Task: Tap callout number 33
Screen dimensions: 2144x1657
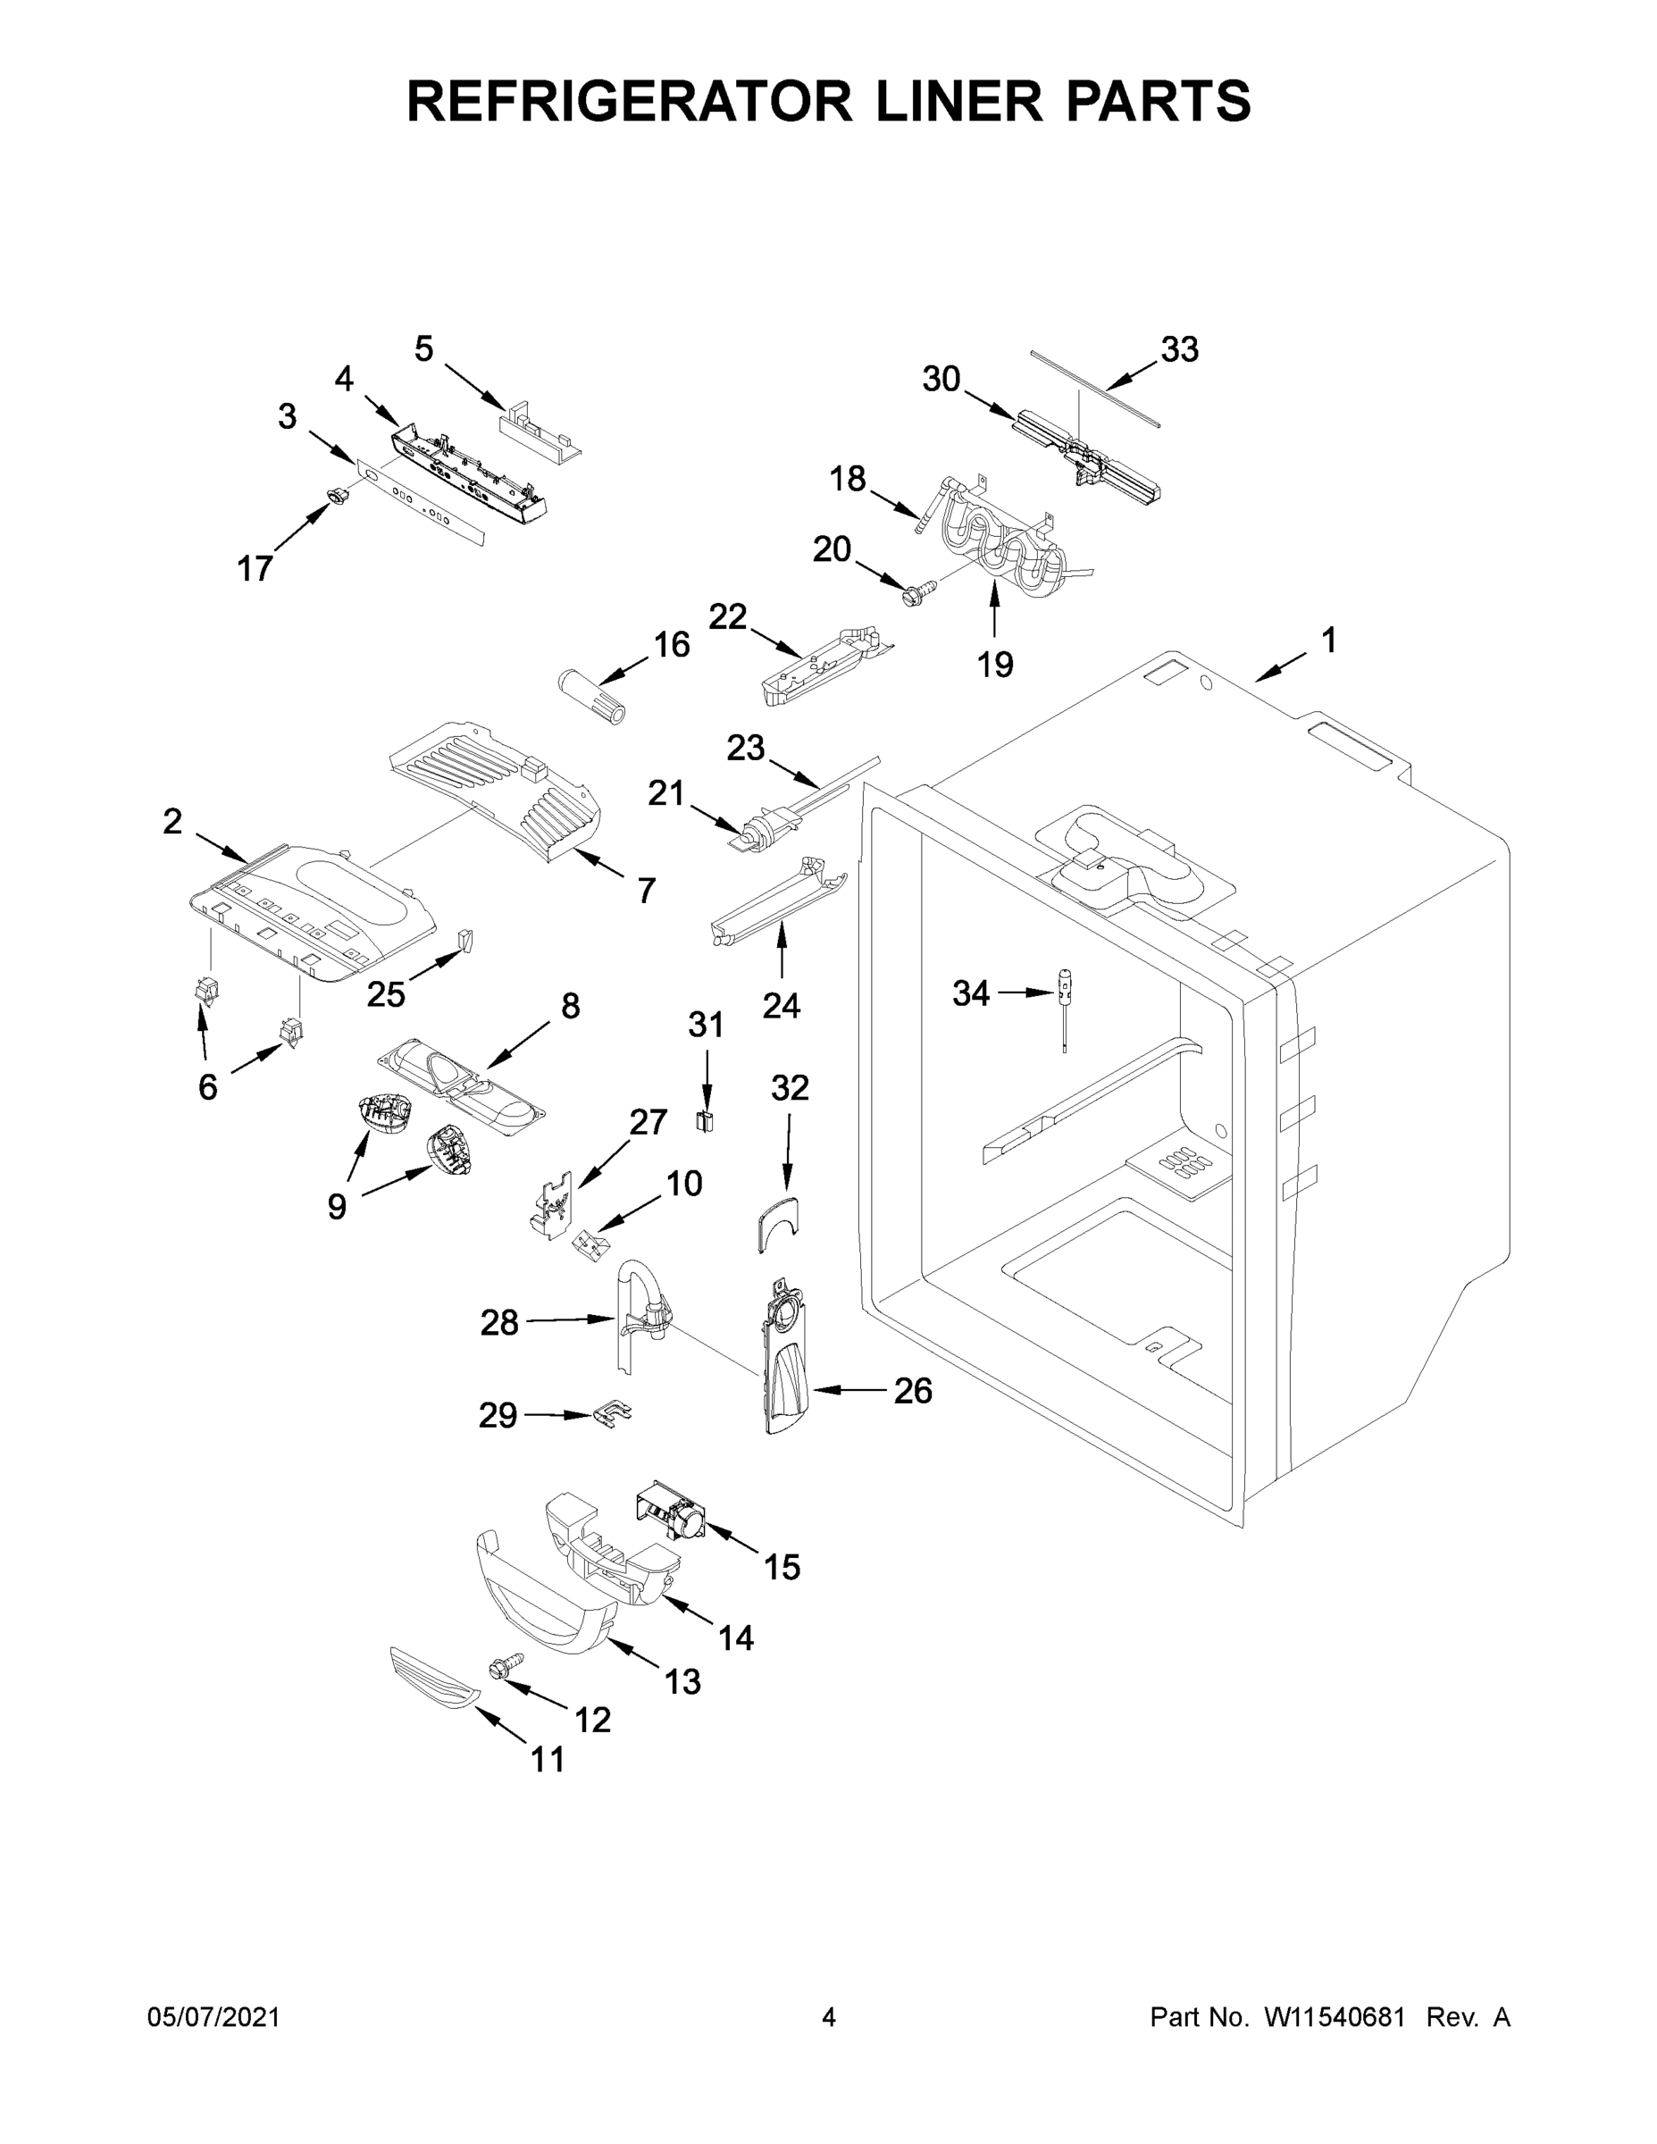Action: (x=1179, y=348)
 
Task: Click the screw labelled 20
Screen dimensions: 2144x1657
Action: (x=920, y=590)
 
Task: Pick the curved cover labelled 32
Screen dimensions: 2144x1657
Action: (x=777, y=1222)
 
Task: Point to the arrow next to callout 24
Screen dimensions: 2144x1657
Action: (x=782, y=953)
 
